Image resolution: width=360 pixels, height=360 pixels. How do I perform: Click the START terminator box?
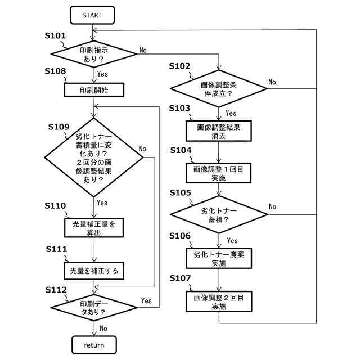pyautogui.click(x=92, y=15)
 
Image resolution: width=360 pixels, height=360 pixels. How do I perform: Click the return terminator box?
pyautogui.click(x=94, y=345)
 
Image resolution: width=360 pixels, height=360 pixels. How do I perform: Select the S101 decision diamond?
pyautogui.click(x=94, y=54)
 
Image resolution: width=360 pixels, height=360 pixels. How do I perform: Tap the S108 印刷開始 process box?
pyautogui.click(x=94, y=90)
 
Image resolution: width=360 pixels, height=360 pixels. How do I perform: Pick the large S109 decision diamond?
pyautogui.click(x=94, y=157)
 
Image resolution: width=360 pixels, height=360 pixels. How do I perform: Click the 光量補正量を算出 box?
pyautogui.click(x=94, y=228)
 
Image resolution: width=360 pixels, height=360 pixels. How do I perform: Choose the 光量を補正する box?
pyautogui.click(x=94, y=271)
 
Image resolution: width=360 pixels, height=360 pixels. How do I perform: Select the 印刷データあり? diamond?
pyautogui.click(x=94, y=308)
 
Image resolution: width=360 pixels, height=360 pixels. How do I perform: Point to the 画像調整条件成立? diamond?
pyautogui.click(x=219, y=89)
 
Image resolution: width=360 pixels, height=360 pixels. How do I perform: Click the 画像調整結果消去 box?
pyautogui.click(x=219, y=131)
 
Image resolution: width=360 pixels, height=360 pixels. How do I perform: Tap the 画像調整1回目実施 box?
pyautogui.click(x=219, y=173)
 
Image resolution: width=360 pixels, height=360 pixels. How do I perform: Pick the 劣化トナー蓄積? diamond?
pyautogui.click(x=219, y=214)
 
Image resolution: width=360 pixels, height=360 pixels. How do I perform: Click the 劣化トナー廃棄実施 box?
pyautogui.click(x=219, y=258)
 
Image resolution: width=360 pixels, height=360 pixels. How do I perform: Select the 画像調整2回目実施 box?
pyautogui.click(x=219, y=301)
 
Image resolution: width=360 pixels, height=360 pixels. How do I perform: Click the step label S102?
pyautogui.click(x=179, y=66)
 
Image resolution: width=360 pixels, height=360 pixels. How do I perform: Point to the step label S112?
pyautogui.click(x=56, y=290)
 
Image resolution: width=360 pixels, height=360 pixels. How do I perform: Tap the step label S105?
pyautogui.click(x=180, y=192)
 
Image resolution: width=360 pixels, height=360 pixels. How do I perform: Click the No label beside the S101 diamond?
pyautogui.click(x=143, y=50)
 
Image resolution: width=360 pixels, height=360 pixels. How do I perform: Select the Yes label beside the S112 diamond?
pyautogui.click(x=146, y=300)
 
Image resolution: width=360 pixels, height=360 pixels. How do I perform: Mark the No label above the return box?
pyautogui.click(x=103, y=328)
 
